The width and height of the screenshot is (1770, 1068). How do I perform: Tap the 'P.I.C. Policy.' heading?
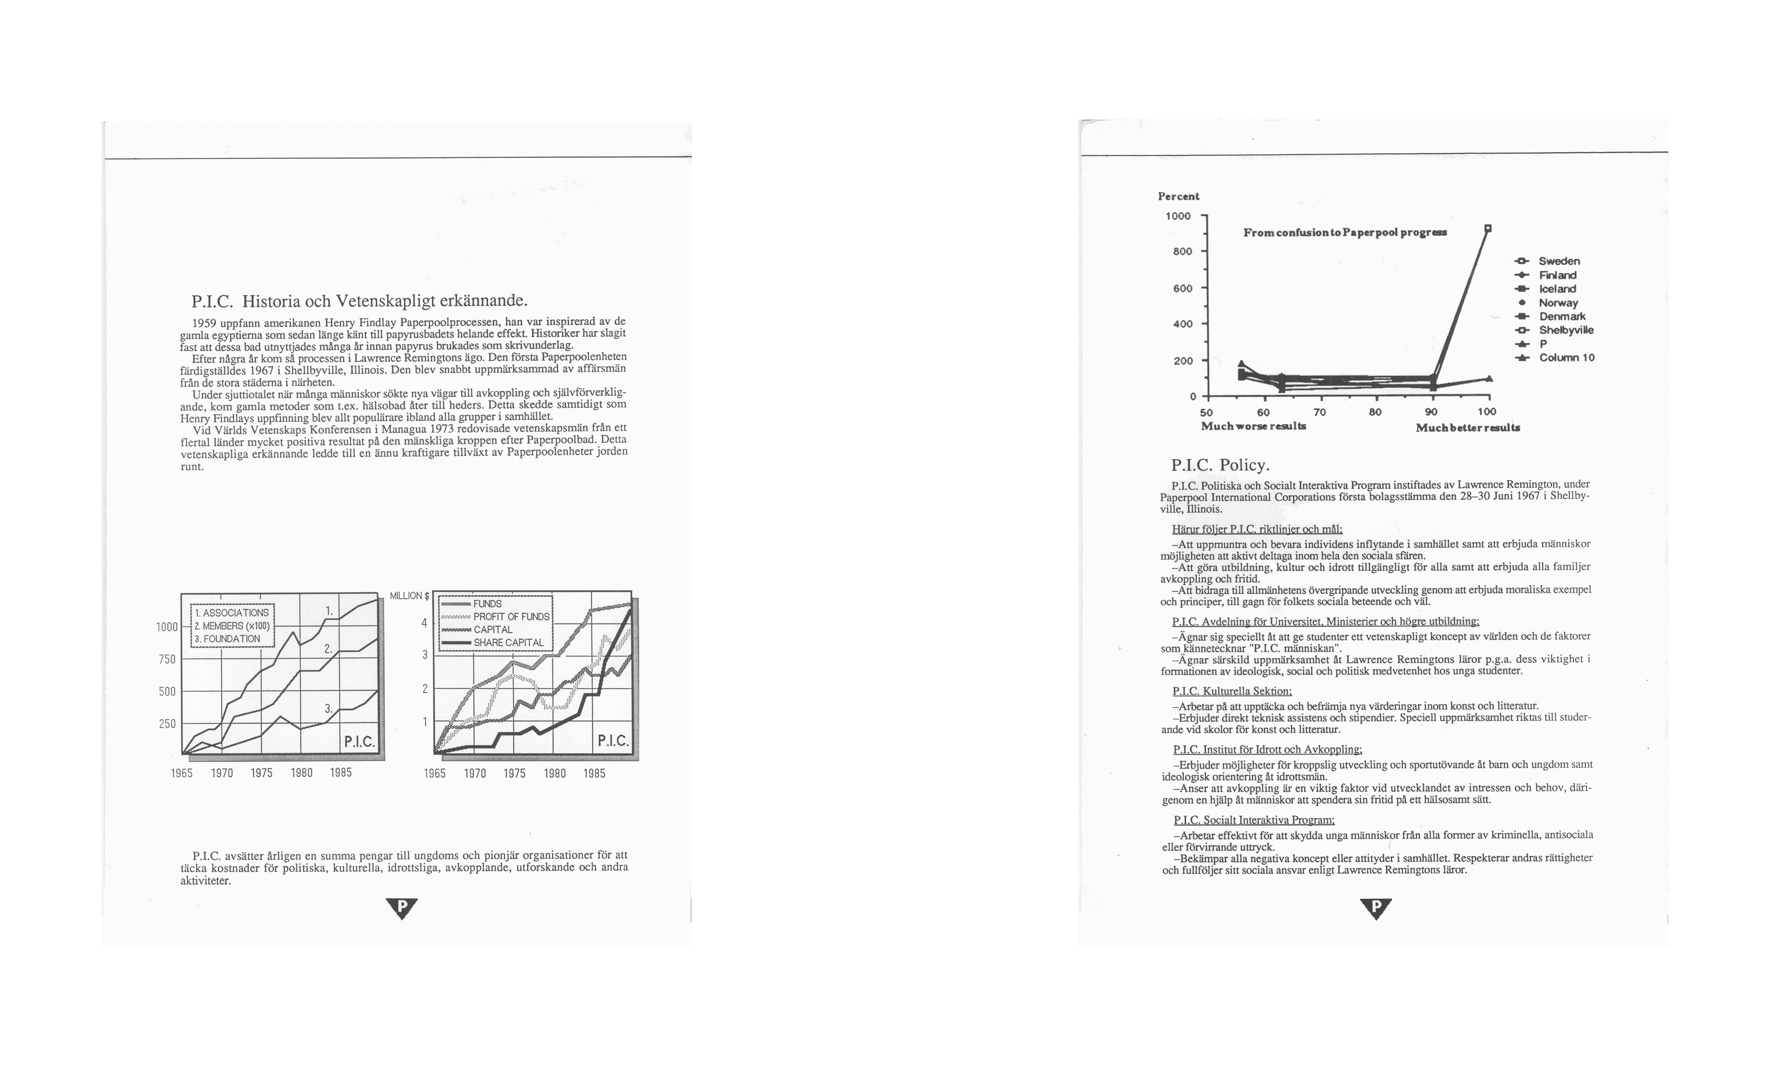click(1220, 464)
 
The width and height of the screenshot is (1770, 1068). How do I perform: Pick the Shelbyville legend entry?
click(1565, 330)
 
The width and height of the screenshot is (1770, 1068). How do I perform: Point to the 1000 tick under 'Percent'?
click(1178, 216)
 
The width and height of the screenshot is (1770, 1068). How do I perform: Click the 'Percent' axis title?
click(1178, 196)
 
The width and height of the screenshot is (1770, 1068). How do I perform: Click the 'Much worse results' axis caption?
click(1253, 426)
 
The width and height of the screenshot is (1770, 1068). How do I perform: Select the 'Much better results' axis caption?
click(1467, 428)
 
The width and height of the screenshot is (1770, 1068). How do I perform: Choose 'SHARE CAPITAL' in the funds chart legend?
click(508, 643)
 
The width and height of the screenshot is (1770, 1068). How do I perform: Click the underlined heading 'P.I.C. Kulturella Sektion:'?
click(1231, 691)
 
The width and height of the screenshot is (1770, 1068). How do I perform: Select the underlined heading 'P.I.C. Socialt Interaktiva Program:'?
click(1253, 820)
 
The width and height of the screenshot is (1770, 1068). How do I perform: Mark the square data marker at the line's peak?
click(1488, 229)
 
